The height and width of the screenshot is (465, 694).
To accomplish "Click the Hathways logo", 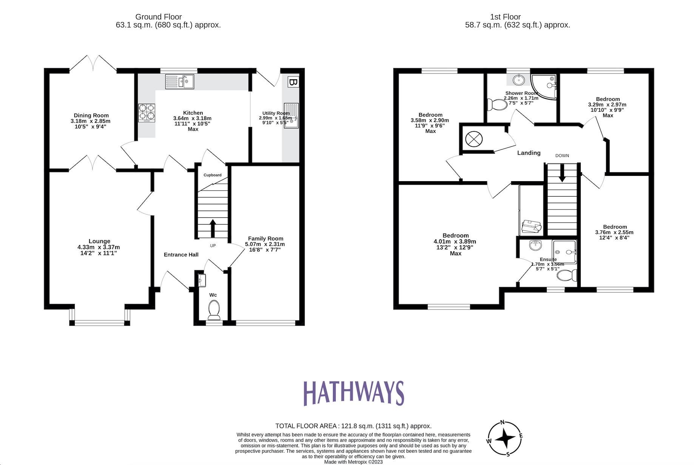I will tap(353, 393).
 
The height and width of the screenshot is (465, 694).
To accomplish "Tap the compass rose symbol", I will tap(504, 439).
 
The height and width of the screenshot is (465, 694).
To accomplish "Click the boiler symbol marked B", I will tap(293, 82).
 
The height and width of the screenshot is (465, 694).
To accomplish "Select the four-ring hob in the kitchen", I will tap(147, 112).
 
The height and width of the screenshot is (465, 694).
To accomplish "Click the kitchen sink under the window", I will tap(180, 82).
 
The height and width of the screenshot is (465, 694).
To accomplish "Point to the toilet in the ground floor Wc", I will tap(214, 308).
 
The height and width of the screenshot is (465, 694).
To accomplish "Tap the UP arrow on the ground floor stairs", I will tap(212, 228).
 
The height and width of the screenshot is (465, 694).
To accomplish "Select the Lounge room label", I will tap(99, 241).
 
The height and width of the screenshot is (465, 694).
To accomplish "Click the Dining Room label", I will tap(91, 115).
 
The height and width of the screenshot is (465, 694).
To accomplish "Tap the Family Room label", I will tap(265, 239).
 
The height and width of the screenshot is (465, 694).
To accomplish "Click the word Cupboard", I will tap(213, 175).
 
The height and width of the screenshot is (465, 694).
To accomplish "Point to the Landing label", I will tap(529, 153).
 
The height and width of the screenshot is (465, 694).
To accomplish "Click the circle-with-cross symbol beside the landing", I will tap(474, 139).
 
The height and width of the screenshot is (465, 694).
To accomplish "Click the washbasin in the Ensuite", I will tap(535, 246).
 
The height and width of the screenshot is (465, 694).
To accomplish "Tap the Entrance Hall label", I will tap(181, 255).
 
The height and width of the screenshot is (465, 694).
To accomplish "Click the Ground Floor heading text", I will tap(158, 17).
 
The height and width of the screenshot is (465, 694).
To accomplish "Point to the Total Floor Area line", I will tap(353, 426).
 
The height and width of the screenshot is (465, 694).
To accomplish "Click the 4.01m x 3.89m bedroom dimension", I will tap(455, 242).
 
